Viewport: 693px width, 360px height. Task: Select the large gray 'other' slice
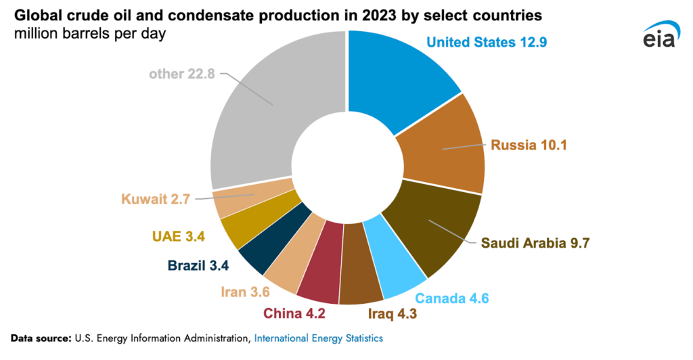click(264, 115)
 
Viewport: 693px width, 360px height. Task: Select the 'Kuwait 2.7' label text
click(155, 199)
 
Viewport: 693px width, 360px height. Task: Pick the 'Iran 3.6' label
click(245, 292)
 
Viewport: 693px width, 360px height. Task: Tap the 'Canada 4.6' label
click(451, 298)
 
